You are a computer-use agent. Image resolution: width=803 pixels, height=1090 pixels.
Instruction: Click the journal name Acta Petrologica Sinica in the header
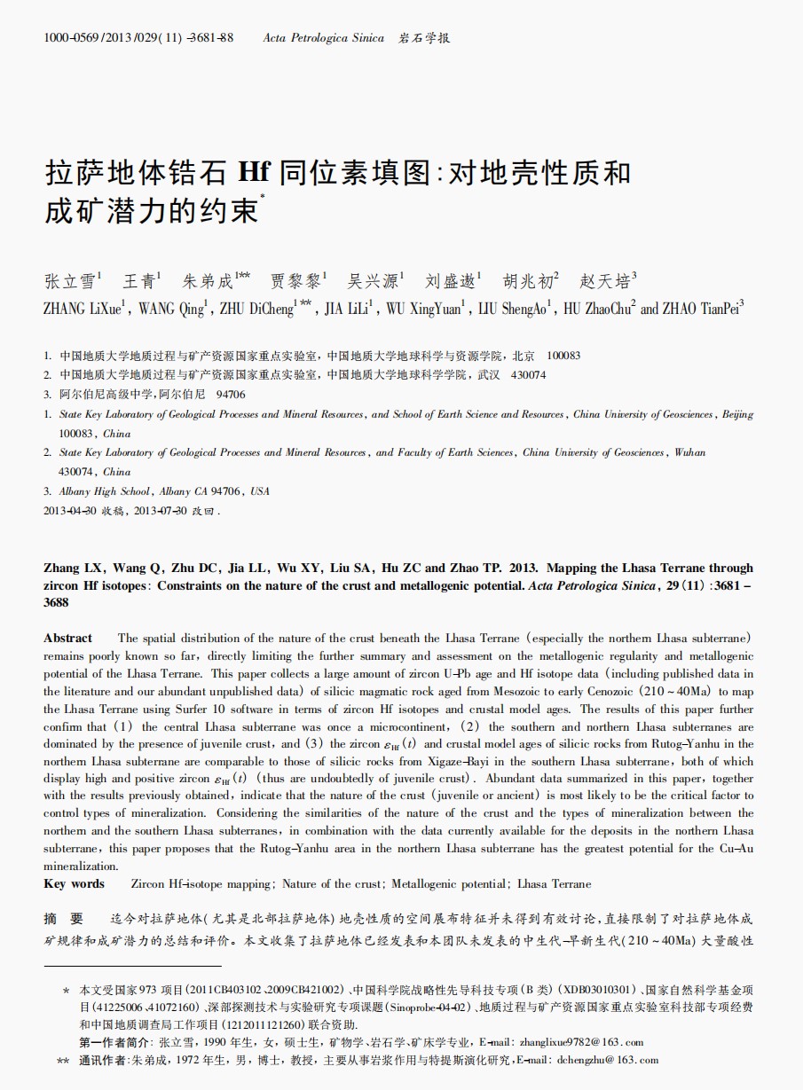click(323, 38)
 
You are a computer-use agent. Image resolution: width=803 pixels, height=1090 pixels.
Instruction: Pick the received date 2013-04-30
click(70, 511)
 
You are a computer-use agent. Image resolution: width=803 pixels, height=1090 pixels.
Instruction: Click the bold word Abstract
click(67, 639)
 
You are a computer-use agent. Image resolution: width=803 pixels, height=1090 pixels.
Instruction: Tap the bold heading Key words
click(74, 884)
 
